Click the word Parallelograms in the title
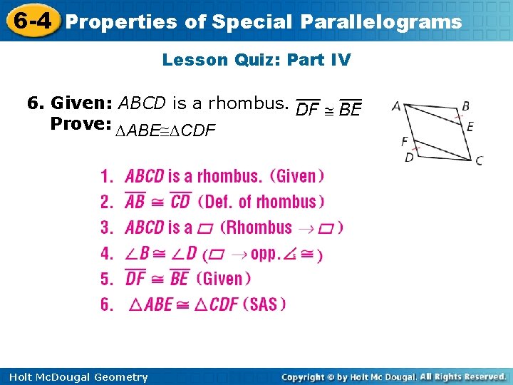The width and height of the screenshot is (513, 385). click(380, 22)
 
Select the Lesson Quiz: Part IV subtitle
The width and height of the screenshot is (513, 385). click(256, 60)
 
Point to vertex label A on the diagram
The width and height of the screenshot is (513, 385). click(396, 106)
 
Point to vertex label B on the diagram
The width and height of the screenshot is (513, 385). click(465, 106)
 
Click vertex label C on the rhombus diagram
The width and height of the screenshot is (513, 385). click(479, 160)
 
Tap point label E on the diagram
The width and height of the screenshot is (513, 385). click(470, 126)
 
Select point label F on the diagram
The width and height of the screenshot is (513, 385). click(405, 141)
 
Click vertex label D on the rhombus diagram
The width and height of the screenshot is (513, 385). click(409, 157)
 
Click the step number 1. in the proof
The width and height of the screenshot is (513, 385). click(108, 176)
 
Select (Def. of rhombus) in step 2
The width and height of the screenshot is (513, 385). click(261, 202)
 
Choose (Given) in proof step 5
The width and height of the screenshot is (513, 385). click(223, 279)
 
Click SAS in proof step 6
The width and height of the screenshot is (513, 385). click(264, 304)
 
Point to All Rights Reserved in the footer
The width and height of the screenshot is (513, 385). click(462, 376)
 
